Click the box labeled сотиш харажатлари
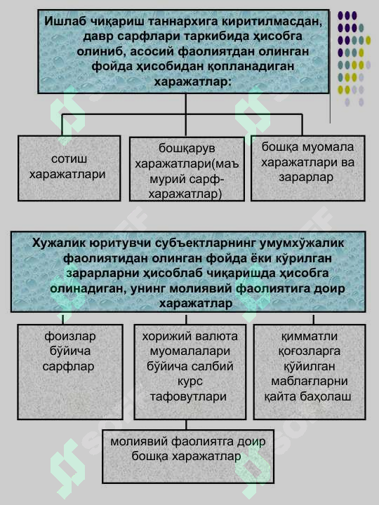click(69, 168)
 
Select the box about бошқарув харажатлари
click(187, 170)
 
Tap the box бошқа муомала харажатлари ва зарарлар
click(308, 168)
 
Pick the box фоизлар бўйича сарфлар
click(70, 372)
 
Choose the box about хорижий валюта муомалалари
click(189, 372)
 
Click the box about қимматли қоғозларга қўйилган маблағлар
click(310, 372)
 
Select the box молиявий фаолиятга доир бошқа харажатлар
click(188, 457)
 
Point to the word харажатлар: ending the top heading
click(193, 82)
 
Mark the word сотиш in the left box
click(69, 159)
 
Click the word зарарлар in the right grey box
click(306, 177)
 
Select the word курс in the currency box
click(189, 382)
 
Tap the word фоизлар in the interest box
click(70, 337)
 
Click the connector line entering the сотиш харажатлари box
click(62, 125)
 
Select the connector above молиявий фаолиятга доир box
click(186, 424)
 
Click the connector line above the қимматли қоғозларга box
click(313, 320)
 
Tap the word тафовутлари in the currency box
click(188, 396)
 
